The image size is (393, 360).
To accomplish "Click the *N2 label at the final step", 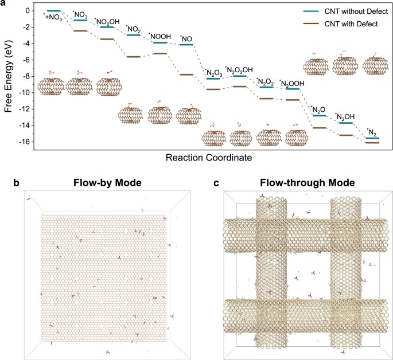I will tap(371, 131).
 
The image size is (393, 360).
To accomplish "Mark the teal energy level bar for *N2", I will tap(372, 138).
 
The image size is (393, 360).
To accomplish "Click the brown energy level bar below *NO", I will tap(186, 75).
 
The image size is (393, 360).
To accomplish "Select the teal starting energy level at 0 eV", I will tap(54, 10).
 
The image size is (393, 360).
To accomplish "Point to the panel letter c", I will tap(216, 184).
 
